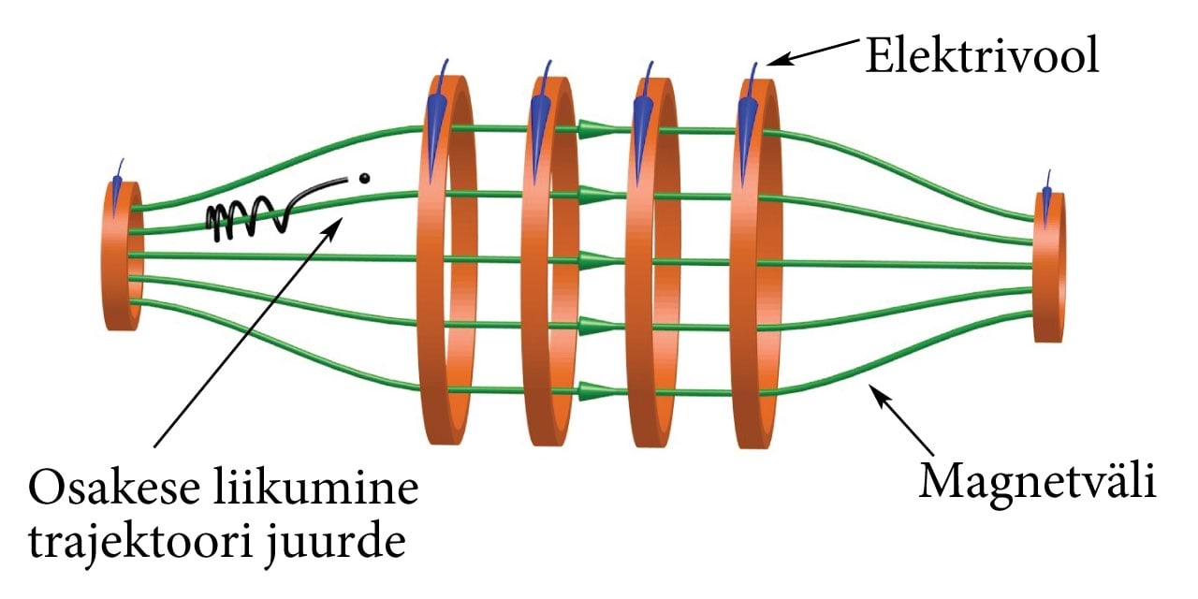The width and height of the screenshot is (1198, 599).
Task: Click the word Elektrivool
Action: (x=980, y=57)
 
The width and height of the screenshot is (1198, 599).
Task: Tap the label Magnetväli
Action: (x=1038, y=484)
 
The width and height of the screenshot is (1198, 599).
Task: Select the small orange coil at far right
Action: (x=1048, y=266)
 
